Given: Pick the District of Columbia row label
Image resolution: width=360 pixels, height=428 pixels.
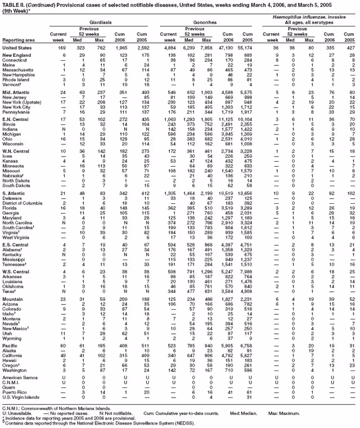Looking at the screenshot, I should tap(23, 203).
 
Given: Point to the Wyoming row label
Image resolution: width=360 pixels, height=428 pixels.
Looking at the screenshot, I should tap(12, 322).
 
